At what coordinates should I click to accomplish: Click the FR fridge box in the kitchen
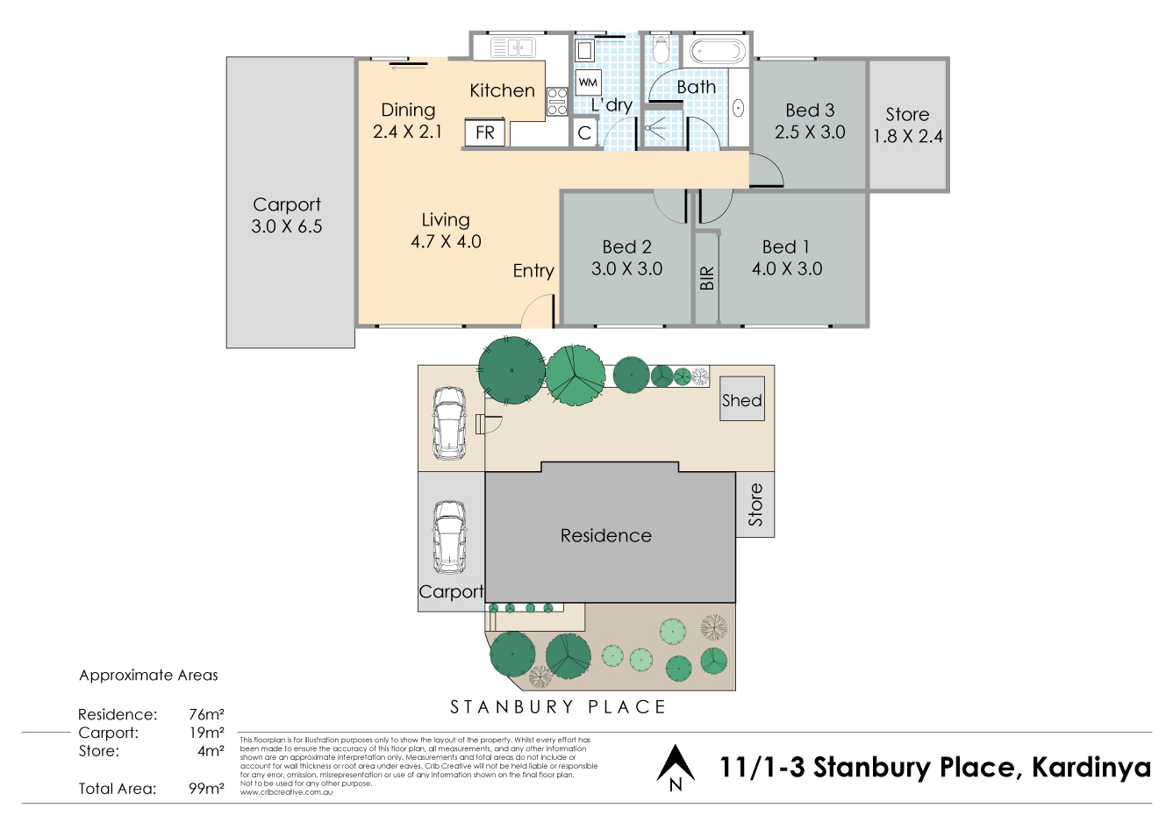pyautogui.click(x=485, y=132)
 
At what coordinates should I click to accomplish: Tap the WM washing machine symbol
pyautogui.click(x=588, y=82)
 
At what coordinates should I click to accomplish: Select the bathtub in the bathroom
pyautogui.click(x=717, y=52)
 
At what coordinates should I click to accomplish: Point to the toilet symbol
pyautogui.click(x=662, y=49)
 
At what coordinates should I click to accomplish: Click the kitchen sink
pyautogui.click(x=512, y=47)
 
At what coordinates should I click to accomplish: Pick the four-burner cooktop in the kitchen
pyautogui.click(x=557, y=101)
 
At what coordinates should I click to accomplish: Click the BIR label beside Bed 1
pyautogui.click(x=706, y=278)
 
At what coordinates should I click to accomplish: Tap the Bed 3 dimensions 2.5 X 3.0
pyautogui.click(x=810, y=132)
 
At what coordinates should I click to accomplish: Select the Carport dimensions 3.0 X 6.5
pyautogui.click(x=286, y=226)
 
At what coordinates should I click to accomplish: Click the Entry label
pyautogui.click(x=533, y=271)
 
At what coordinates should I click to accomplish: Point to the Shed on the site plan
pyautogui.click(x=742, y=398)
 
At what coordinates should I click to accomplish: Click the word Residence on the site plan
pyautogui.click(x=606, y=536)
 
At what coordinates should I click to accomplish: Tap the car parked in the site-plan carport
pyautogui.click(x=450, y=537)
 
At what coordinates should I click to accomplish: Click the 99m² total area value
pyautogui.click(x=206, y=788)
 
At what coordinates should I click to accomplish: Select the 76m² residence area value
pyautogui.click(x=206, y=714)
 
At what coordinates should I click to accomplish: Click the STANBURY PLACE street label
pyautogui.click(x=558, y=707)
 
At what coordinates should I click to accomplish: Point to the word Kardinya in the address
pyautogui.click(x=1091, y=767)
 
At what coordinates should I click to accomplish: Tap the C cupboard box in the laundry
pyautogui.click(x=584, y=132)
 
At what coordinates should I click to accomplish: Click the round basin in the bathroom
pyautogui.click(x=739, y=109)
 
